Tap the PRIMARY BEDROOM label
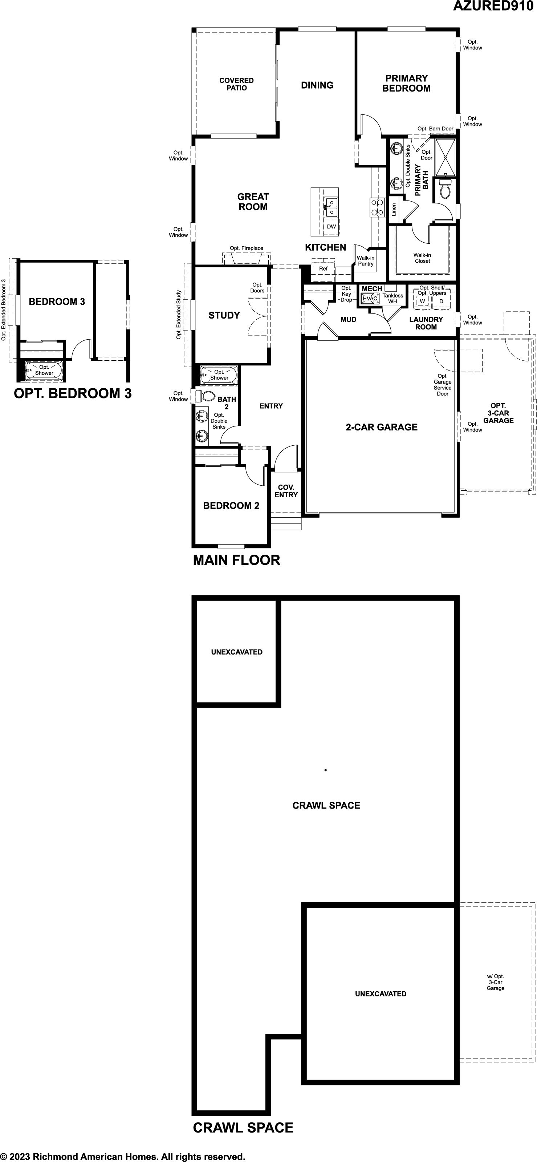(x=406, y=84)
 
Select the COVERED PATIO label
(x=236, y=84)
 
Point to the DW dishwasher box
(x=331, y=226)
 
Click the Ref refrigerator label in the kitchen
(x=323, y=268)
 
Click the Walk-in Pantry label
(x=366, y=261)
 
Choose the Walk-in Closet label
(x=423, y=258)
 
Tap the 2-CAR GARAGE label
(x=382, y=427)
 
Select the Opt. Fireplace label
(x=247, y=248)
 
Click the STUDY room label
(x=224, y=315)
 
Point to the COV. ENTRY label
(x=286, y=491)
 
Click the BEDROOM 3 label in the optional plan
(x=57, y=301)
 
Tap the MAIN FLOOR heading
(x=237, y=560)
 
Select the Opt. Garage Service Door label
(x=443, y=385)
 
